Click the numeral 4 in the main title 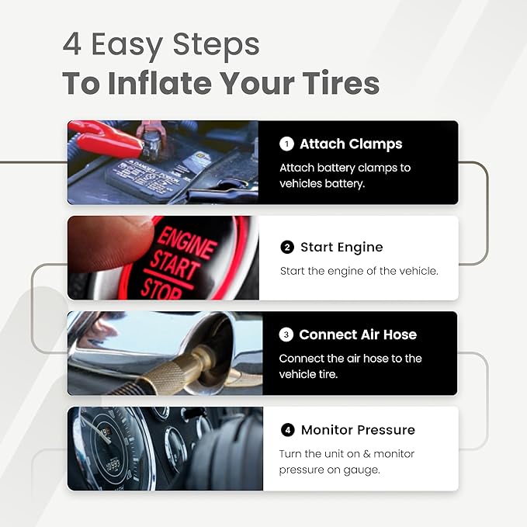click(x=71, y=44)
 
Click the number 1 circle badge click(x=286, y=144)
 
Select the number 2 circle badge click(x=287, y=248)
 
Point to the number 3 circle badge click(x=286, y=335)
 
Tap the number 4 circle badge click(x=288, y=430)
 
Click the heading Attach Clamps click(x=351, y=144)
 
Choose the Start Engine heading click(x=342, y=248)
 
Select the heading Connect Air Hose click(x=358, y=335)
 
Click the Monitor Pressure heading click(x=358, y=430)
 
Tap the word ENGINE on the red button click(x=185, y=241)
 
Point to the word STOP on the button click(x=161, y=289)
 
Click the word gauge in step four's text click(x=363, y=470)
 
